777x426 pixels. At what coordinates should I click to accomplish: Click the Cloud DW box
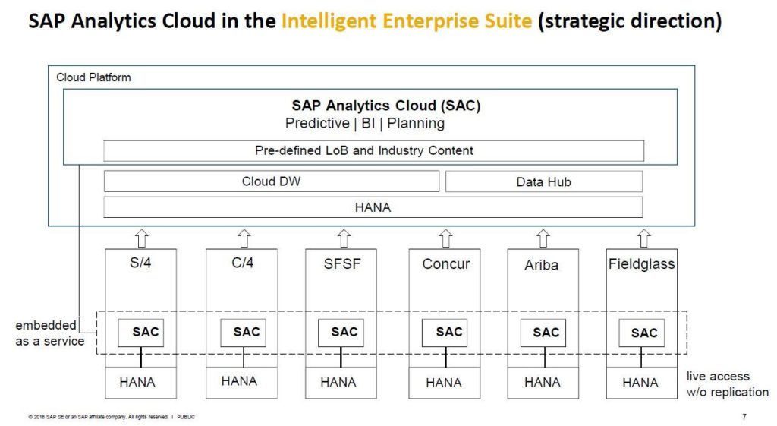coord(272,181)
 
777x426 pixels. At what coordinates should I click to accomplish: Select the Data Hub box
coord(544,181)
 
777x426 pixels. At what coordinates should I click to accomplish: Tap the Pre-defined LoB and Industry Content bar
coord(373,150)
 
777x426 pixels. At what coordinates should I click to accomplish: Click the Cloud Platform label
coord(93,77)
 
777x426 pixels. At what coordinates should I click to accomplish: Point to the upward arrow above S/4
coord(142,238)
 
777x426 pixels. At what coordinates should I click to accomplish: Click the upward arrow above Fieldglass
coord(643,238)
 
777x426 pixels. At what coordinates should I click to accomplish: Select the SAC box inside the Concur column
coord(445,333)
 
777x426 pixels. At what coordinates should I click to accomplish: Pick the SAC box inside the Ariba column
coord(543,333)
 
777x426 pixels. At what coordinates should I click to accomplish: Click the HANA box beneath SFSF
coord(341,383)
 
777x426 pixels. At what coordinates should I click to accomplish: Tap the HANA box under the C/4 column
coord(242,383)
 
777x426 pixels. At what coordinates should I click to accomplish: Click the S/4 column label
coord(140,263)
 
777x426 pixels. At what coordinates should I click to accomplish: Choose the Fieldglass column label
coord(642,263)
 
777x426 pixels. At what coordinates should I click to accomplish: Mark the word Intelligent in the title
coord(329,21)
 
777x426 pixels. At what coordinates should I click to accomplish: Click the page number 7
coord(744,417)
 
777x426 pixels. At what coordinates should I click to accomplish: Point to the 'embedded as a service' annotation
coord(49,333)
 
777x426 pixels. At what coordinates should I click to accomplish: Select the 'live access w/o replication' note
coord(728,383)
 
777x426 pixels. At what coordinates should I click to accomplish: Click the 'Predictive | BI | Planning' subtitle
coord(365,124)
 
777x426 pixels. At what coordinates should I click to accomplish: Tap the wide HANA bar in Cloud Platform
coord(373,207)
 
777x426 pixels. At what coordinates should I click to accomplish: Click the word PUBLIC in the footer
coord(186,417)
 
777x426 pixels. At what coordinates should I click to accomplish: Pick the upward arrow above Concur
coord(445,238)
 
